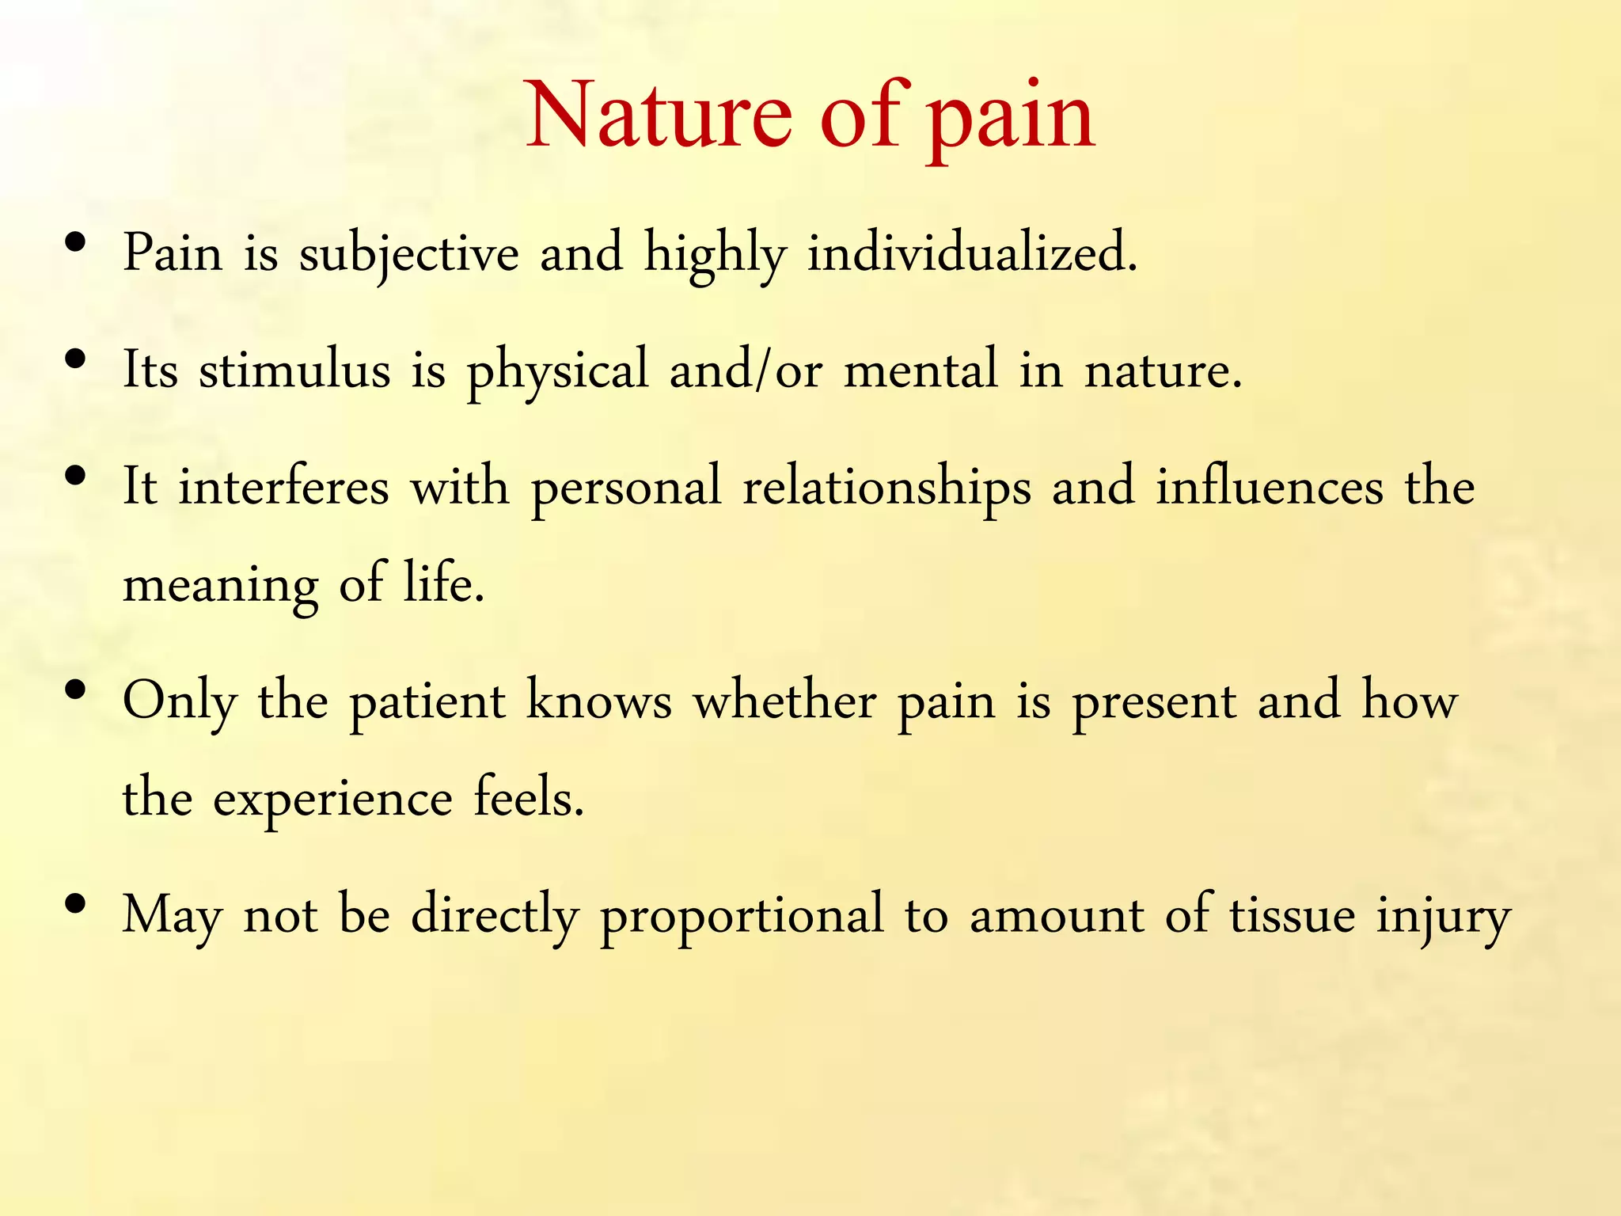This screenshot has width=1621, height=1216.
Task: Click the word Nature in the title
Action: pyautogui.click(x=659, y=117)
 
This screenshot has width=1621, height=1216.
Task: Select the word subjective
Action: pyautogui.click(x=408, y=254)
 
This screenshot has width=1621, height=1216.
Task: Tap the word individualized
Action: pyautogui.click(x=971, y=254)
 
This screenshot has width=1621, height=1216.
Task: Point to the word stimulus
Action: pyautogui.click(x=294, y=370)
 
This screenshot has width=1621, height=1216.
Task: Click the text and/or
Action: pyautogui.click(x=746, y=370)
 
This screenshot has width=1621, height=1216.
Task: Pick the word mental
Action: pyautogui.click(x=921, y=370)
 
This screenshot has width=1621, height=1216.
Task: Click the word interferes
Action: pyautogui.click(x=283, y=487)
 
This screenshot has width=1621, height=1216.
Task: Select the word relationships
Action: pyautogui.click(x=886, y=487)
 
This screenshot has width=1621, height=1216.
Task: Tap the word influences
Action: pyautogui.click(x=1270, y=487)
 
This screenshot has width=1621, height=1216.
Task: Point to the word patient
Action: pyautogui.click(x=427, y=701)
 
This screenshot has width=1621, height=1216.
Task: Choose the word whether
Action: pyautogui.click(x=784, y=701)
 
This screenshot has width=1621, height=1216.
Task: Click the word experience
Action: pyautogui.click(x=332, y=800)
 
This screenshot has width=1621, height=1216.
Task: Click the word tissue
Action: pyautogui.click(x=1292, y=915)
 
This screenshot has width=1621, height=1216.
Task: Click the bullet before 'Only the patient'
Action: pyautogui.click(x=76, y=690)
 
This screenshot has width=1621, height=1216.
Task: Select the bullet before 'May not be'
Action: pyautogui.click(x=76, y=904)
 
